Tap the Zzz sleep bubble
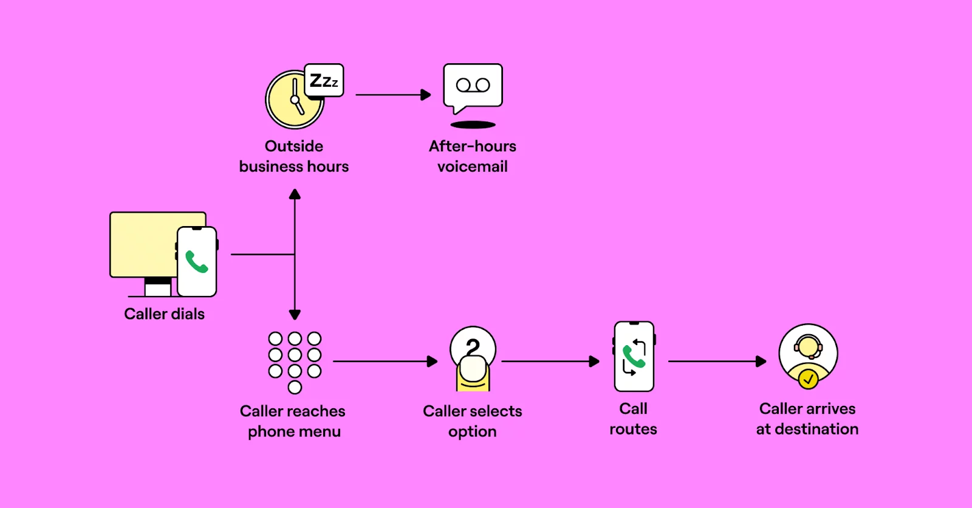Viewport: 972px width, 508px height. [x=324, y=80]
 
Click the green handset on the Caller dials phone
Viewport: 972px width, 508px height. [x=197, y=262]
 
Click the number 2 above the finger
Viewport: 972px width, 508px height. [x=473, y=347]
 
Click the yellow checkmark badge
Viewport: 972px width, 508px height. [x=808, y=379]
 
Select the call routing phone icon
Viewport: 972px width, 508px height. [x=634, y=357]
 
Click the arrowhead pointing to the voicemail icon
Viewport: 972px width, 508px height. [x=426, y=95]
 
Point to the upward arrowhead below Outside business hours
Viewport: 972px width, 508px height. [x=295, y=194]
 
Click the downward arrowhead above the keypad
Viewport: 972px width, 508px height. [x=295, y=314]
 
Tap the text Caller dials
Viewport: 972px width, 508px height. [x=164, y=314]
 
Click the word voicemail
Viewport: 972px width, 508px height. [x=472, y=166]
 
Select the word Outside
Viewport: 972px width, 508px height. [x=294, y=146]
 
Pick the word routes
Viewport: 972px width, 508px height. [x=633, y=430]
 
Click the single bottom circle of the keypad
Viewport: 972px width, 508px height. [x=295, y=387]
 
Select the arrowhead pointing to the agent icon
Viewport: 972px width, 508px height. [x=761, y=362]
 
